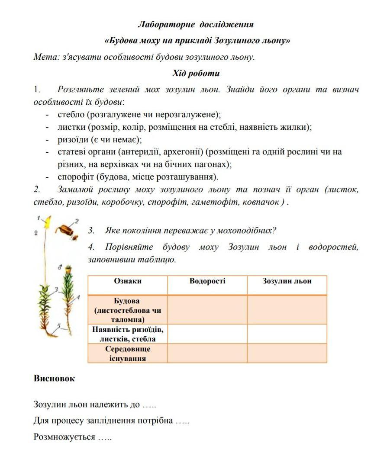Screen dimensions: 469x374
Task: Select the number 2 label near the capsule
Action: tap(77, 221)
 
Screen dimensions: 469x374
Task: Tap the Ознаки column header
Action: tap(128, 281)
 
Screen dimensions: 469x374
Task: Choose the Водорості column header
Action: tap(207, 281)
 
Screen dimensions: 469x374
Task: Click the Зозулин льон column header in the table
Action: tap(287, 281)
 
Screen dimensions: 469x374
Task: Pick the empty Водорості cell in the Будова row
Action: tap(207, 310)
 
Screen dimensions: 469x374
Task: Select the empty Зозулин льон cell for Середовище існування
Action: tap(287, 353)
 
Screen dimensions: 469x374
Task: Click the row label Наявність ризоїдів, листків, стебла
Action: tap(128, 334)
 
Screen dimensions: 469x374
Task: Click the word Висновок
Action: tap(54, 379)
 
